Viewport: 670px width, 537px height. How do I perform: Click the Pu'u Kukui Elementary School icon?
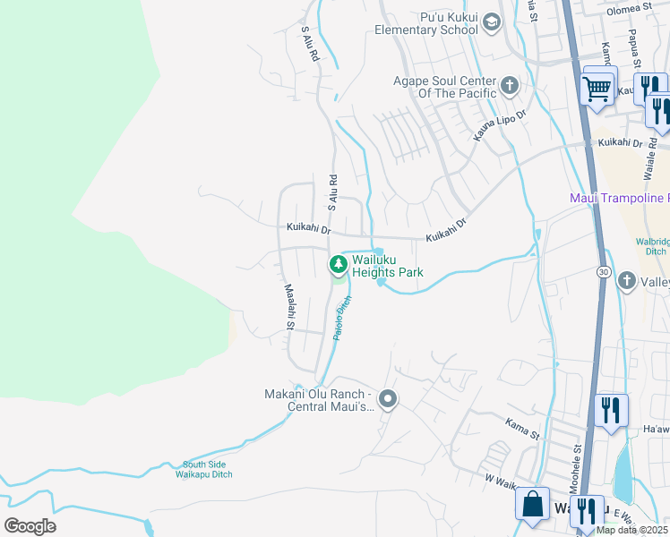[491, 21]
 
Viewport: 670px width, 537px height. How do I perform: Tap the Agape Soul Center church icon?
[510, 87]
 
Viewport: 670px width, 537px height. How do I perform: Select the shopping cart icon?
[597, 87]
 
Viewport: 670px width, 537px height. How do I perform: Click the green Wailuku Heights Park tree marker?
[338, 264]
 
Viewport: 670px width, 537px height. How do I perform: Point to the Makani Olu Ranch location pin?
[387, 399]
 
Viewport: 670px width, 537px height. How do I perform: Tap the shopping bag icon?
[532, 504]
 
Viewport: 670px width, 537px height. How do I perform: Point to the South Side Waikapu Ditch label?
[207, 469]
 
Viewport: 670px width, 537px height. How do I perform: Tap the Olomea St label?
[631, 8]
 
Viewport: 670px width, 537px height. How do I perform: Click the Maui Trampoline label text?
[619, 197]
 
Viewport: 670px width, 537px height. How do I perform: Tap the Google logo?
[30, 526]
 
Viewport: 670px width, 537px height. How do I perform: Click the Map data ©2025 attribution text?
[632, 530]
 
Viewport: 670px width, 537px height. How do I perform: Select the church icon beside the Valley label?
[628, 281]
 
